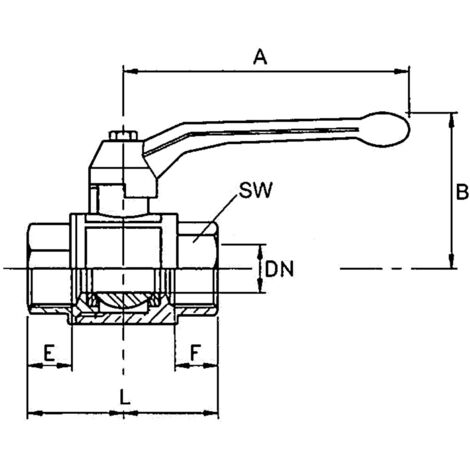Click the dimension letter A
pos(260,56)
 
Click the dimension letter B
pos(462,192)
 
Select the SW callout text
pos(256,190)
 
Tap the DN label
pos(279,269)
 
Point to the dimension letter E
pos(49,353)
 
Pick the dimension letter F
pos(196,353)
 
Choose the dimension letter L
pos(125,397)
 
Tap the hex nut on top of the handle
pos(123,136)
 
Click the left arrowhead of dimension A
pos(131,71)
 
